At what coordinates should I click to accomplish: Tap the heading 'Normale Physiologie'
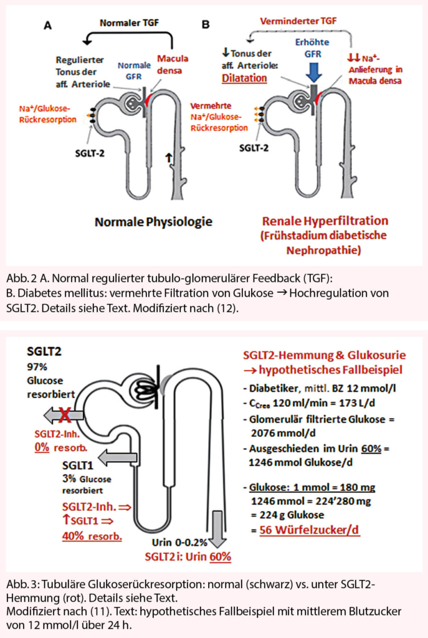tap(153, 221)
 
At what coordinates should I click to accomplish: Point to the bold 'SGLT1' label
tap(78, 465)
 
